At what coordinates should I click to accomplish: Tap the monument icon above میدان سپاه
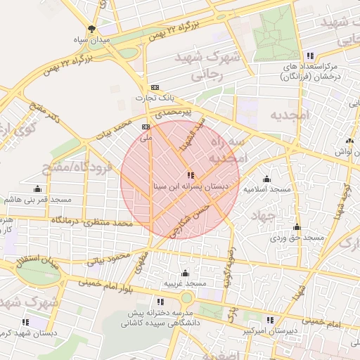pyautogui.click(x=91, y=30)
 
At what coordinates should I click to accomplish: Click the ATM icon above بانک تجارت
pyautogui.click(x=155, y=88)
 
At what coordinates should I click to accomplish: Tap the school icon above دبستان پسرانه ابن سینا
pyautogui.click(x=191, y=175)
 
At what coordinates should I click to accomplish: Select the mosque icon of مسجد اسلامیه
pyautogui.click(x=266, y=179)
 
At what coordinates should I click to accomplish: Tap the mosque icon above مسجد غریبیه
pyautogui.click(x=185, y=273)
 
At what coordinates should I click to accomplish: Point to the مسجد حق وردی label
pyautogui.click(x=300, y=238)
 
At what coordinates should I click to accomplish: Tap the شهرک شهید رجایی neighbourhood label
pyautogui.click(x=215, y=64)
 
